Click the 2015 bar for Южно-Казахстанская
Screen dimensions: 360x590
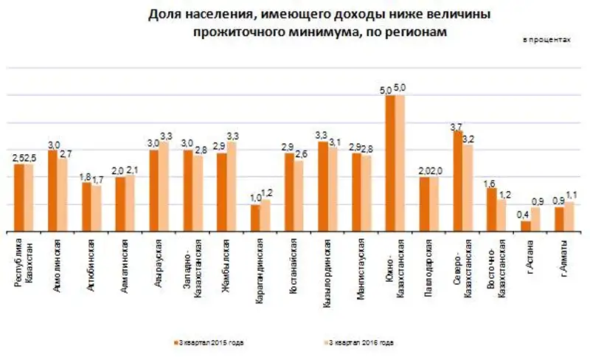(x=390, y=163)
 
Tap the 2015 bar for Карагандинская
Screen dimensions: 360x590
(x=255, y=218)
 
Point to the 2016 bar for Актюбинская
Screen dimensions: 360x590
(x=97, y=209)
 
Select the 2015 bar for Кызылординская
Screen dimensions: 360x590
(x=323, y=187)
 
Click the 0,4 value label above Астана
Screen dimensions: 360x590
(x=524, y=215)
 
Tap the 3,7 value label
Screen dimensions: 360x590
(x=457, y=126)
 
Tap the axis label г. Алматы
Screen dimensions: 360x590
(x=561, y=255)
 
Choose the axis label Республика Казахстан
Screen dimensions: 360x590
(x=24, y=266)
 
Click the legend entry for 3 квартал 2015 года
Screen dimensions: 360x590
(x=209, y=343)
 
